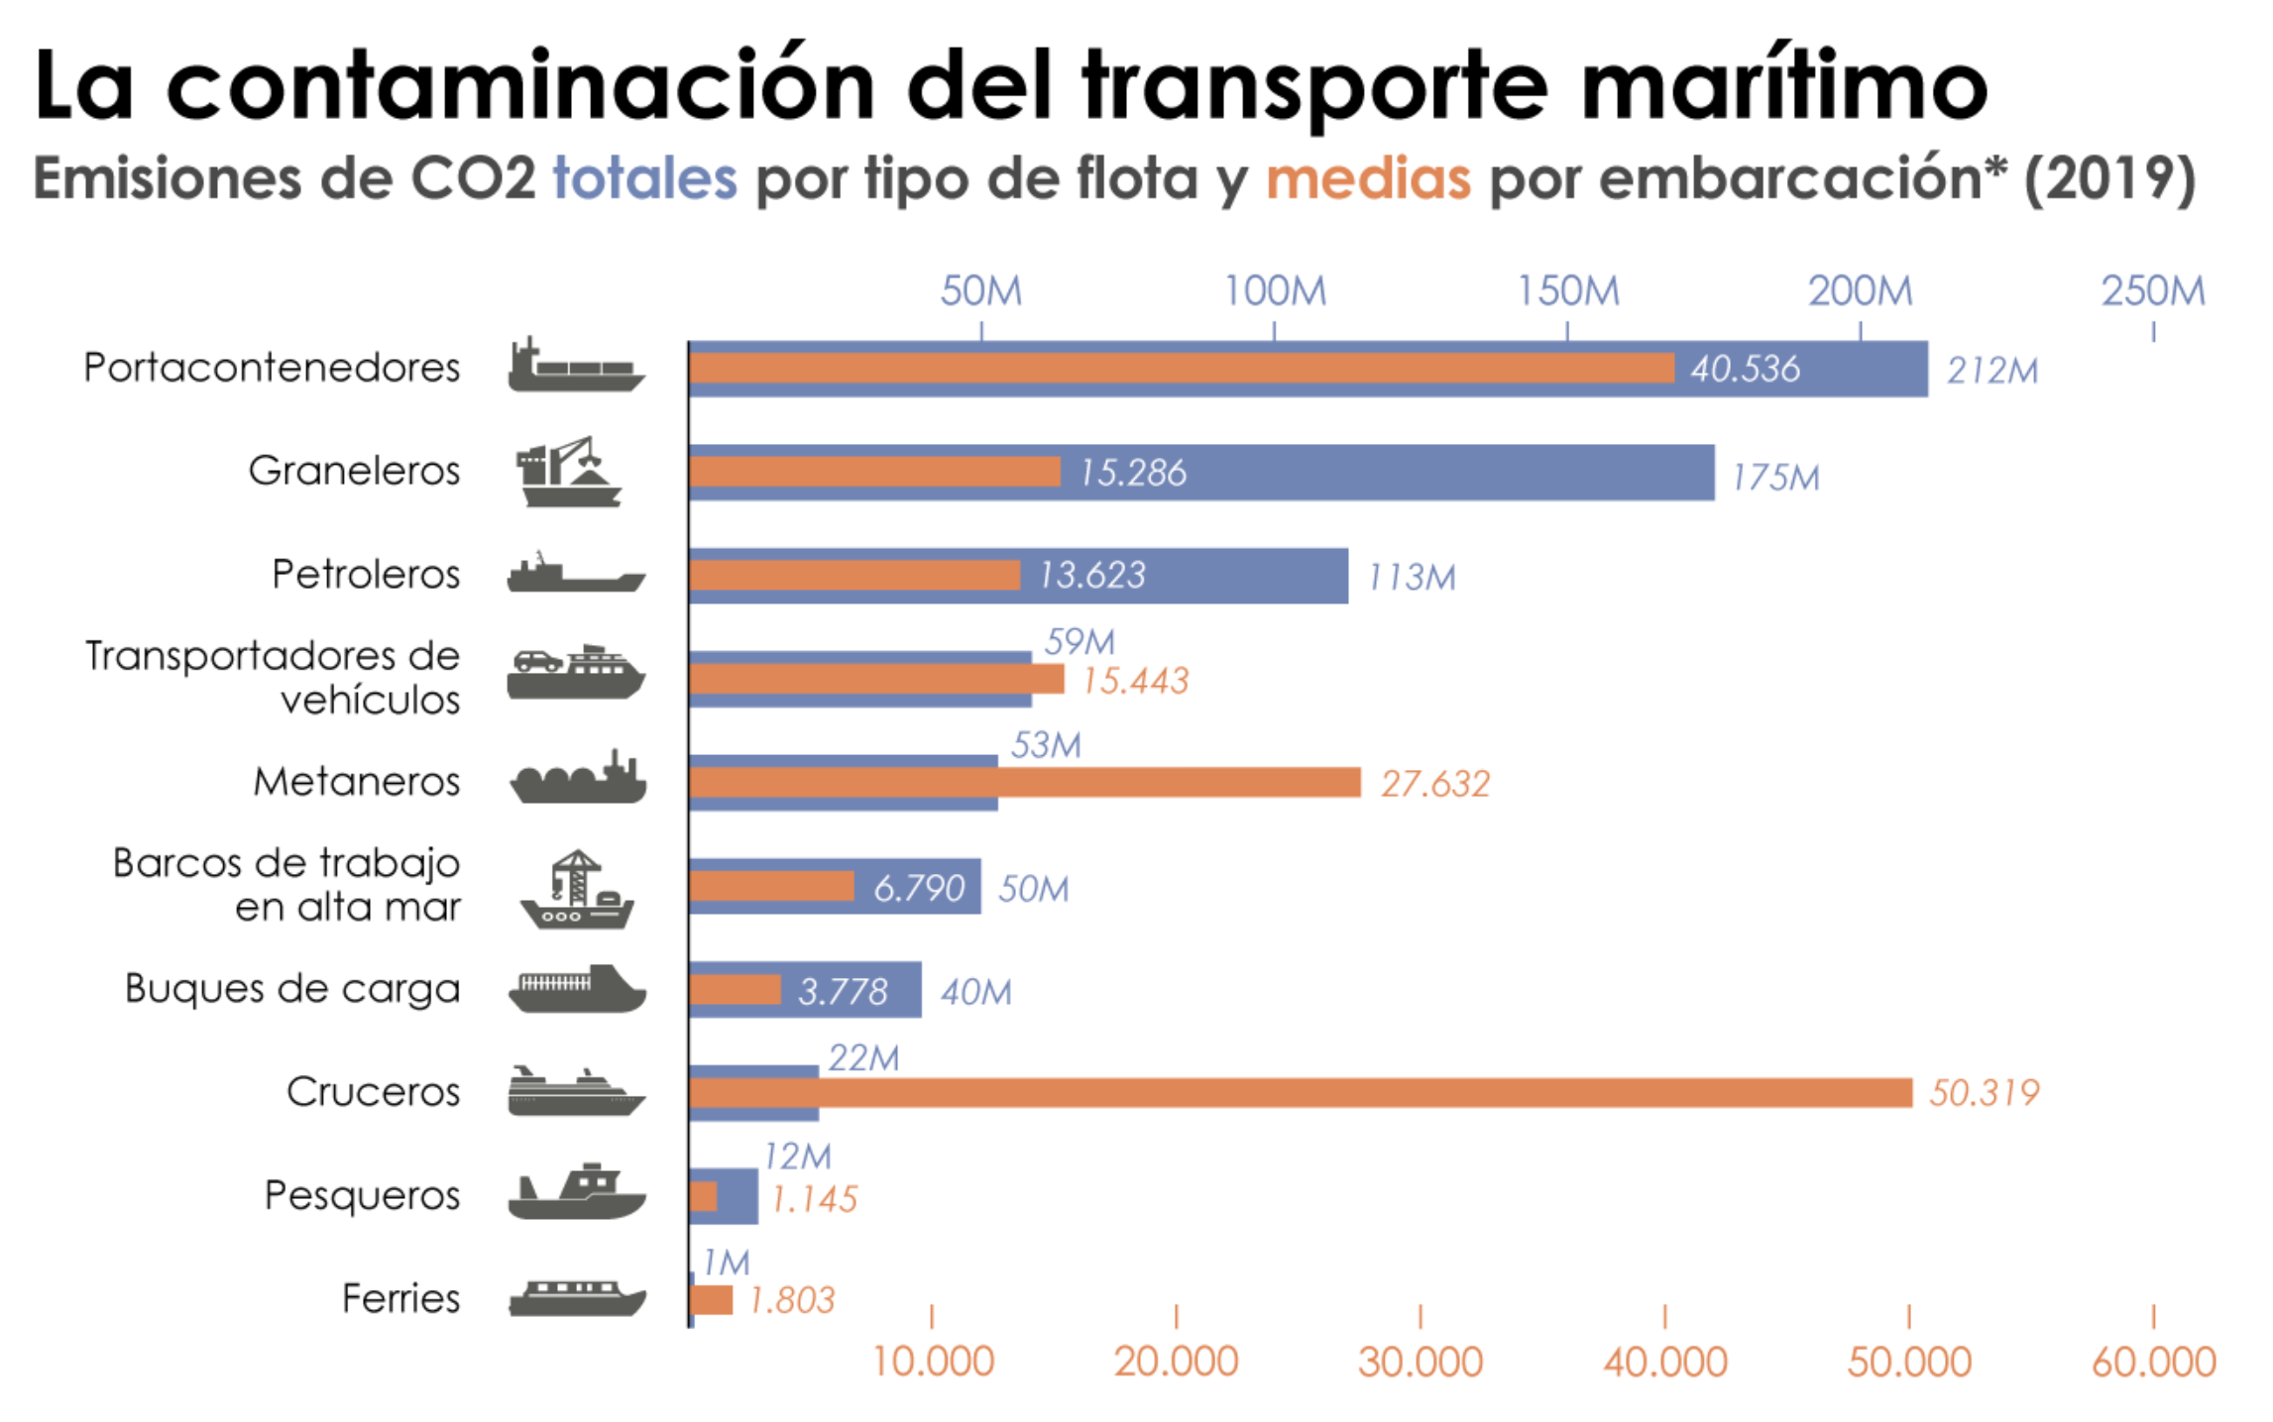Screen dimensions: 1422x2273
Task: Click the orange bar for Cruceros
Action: (x=1299, y=1092)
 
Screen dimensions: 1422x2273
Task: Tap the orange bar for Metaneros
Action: (x=1024, y=782)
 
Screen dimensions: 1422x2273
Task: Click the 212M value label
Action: (x=1991, y=370)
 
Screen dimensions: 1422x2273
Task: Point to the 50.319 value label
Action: (x=1984, y=1092)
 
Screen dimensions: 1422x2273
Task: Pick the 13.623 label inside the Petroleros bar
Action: (x=1091, y=575)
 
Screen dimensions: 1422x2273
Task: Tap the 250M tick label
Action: (x=2153, y=291)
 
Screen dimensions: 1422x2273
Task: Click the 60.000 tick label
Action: (x=2153, y=1362)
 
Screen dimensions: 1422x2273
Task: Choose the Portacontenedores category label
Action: (x=272, y=368)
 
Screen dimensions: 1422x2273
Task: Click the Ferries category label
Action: (x=400, y=1298)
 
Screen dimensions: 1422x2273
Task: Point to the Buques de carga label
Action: (x=292, y=988)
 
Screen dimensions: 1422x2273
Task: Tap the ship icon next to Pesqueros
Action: (x=576, y=1193)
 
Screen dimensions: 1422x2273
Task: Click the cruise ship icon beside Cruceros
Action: (x=576, y=1091)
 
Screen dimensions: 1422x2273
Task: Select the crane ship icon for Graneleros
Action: (x=568, y=472)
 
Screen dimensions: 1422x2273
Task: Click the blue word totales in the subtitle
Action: (x=644, y=178)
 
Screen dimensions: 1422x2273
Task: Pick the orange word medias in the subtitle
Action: (x=1368, y=178)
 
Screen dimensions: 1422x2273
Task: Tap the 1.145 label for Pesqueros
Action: (x=813, y=1199)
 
